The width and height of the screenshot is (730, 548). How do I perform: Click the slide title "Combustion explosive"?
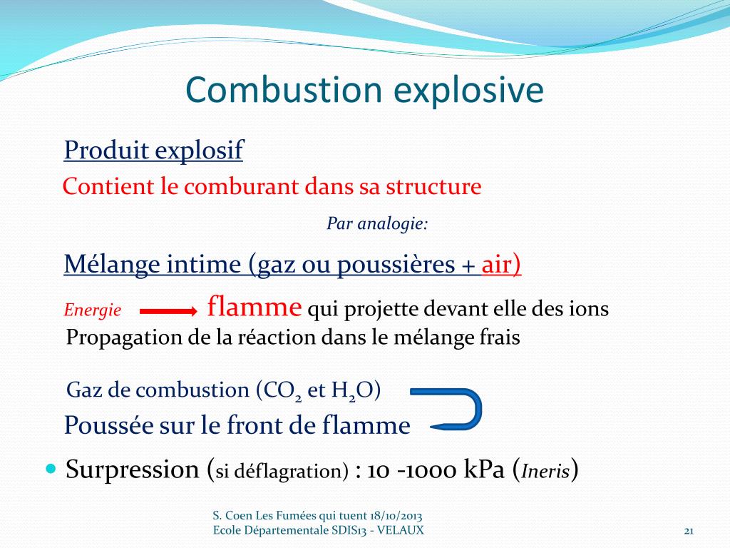pos(364,91)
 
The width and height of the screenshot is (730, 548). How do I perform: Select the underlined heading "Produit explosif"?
pos(153,151)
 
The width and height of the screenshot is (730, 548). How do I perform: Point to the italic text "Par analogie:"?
pos(377,224)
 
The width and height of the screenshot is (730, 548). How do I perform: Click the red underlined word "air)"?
pos(502,265)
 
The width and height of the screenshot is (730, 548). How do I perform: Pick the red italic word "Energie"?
pos(93,310)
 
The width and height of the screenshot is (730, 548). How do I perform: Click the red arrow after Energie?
pos(168,311)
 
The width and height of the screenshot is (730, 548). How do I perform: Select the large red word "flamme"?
pos(255,308)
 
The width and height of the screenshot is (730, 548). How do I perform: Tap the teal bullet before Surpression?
pos(50,469)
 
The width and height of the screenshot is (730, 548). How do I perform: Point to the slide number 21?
pos(689,530)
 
